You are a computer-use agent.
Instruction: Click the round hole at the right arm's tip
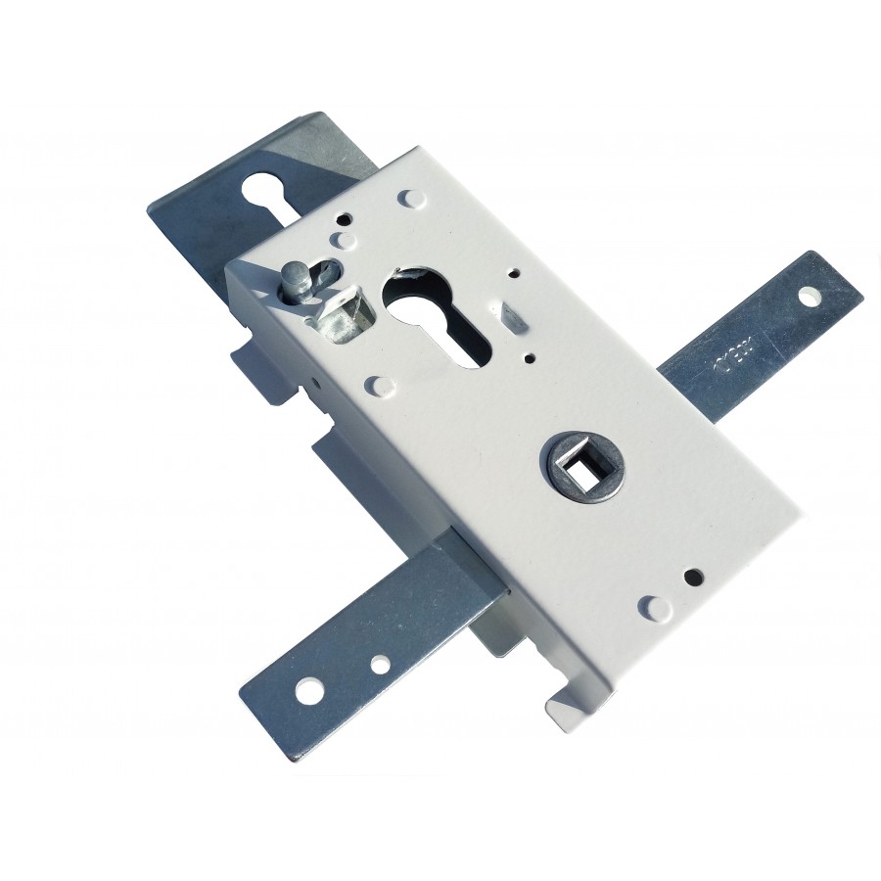(x=810, y=295)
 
